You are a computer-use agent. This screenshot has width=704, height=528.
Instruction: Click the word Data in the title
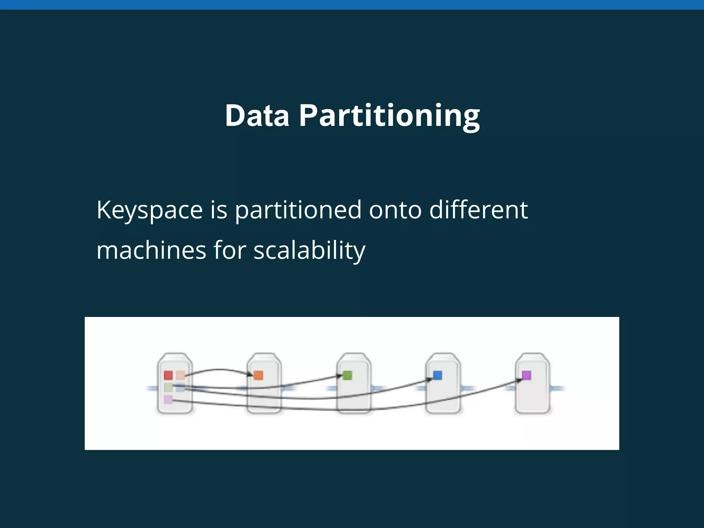(257, 115)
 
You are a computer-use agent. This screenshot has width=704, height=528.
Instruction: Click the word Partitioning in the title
(389, 116)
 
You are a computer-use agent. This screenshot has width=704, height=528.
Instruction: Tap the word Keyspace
(150, 210)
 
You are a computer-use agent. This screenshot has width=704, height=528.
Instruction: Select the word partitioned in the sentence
(298, 210)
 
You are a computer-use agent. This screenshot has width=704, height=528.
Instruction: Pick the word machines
(151, 250)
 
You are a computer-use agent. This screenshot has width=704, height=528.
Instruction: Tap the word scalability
(309, 251)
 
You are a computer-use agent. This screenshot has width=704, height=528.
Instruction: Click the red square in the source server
(168, 375)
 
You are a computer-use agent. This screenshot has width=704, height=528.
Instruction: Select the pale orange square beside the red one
(180, 375)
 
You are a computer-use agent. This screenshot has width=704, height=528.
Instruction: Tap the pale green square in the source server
(168, 387)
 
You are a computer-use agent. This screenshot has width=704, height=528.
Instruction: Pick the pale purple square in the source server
(168, 399)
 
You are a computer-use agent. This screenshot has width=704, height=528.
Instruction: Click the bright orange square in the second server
(258, 375)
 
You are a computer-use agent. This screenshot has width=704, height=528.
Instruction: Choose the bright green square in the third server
(348, 375)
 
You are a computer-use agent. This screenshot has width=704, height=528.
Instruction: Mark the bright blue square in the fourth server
(437, 375)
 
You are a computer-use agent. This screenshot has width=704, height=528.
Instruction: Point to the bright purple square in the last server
(526, 375)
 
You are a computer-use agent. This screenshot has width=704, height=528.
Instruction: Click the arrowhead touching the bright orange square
(251, 374)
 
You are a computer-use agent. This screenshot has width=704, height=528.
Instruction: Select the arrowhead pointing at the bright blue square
(429, 379)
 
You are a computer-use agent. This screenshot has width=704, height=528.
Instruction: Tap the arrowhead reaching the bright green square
(340, 376)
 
